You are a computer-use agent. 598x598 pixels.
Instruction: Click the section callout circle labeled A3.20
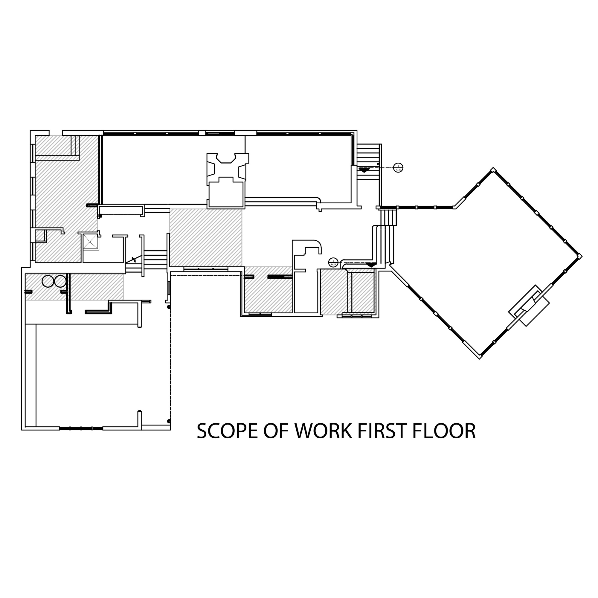click(x=398, y=167)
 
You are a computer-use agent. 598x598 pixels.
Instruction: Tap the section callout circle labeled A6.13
click(x=333, y=263)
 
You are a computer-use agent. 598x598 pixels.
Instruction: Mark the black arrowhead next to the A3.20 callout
click(x=364, y=170)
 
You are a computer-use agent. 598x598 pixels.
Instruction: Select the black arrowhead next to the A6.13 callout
click(x=371, y=265)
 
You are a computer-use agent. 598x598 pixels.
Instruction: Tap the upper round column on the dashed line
click(x=169, y=307)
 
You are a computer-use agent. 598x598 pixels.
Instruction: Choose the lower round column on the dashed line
click(x=169, y=421)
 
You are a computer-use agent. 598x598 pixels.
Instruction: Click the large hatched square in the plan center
click(x=206, y=237)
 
